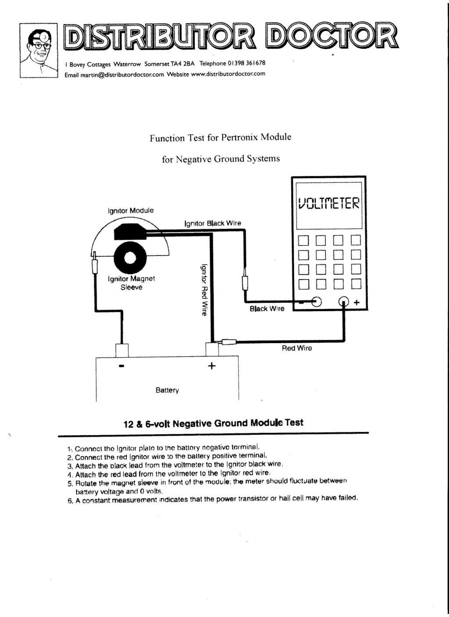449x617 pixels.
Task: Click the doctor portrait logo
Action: point(39,50)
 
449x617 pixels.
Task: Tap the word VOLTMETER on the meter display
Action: point(329,203)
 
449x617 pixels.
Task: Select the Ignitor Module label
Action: point(131,211)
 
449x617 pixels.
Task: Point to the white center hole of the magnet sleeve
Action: point(130,258)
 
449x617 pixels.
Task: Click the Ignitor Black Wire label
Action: point(213,223)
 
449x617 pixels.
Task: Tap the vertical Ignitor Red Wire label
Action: point(204,290)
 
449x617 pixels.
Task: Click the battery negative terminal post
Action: point(122,351)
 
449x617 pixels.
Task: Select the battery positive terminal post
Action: point(212,350)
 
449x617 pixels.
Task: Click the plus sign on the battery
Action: point(211,366)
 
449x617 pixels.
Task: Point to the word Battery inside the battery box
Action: point(167,390)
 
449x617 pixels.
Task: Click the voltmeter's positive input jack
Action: point(344,301)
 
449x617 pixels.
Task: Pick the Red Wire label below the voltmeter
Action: point(297,348)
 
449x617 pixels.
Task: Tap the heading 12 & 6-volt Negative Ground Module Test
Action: point(214,423)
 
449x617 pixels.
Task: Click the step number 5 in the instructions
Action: point(70,483)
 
